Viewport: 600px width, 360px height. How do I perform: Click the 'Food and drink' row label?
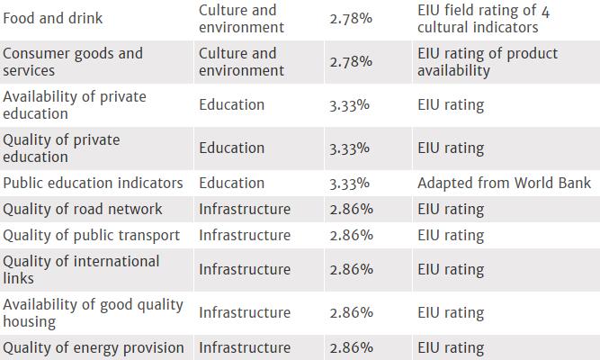coord(53,17)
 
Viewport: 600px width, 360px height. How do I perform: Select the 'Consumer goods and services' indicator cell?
coord(73,61)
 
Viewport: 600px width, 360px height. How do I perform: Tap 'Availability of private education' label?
coord(75,104)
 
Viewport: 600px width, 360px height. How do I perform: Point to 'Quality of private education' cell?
coord(61,148)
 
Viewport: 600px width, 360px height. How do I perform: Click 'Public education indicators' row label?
coord(93,183)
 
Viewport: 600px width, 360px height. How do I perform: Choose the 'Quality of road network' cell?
coord(83,209)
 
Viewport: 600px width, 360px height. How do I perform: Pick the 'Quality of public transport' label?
coord(91,235)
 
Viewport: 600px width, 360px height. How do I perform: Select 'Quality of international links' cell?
coord(81,269)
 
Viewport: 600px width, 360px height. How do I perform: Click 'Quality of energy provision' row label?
coord(94,347)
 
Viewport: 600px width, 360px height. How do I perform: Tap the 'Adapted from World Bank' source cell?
coord(504,183)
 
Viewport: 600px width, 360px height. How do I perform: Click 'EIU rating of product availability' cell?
coord(488,61)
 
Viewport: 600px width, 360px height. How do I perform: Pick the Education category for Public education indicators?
coord(231,183)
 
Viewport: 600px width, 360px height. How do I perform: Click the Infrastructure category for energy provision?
coord(245,347)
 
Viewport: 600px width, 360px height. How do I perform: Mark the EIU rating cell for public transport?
coord(451,235)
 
